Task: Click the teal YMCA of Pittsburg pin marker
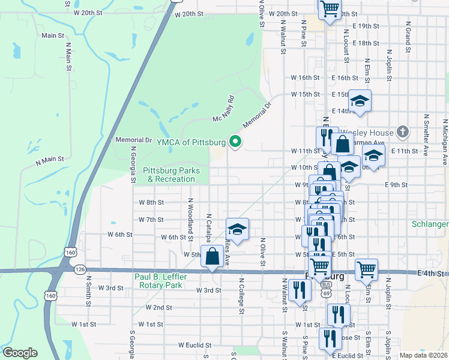pos(235,142)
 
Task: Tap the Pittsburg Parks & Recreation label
pos(171,175)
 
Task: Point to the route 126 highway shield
pos(80,269)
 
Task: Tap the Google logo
pos(20,353)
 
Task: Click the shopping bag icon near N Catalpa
pos(213,256)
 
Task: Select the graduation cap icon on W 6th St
pos(237,229)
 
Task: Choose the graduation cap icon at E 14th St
pos(360,101)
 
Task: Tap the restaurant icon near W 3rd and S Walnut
pos(298,290)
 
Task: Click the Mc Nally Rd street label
pos(223,109)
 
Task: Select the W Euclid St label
pos(195,346)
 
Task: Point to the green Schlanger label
pos(430,224)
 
